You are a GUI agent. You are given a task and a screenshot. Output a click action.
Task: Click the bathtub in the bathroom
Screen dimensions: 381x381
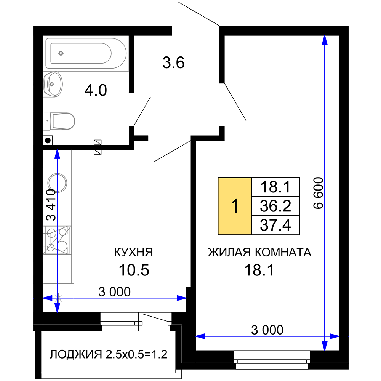[86, 53]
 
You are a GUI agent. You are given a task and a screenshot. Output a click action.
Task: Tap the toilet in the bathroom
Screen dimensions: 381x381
[59, 121]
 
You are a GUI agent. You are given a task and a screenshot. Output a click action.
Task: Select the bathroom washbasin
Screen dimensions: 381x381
[53, 84]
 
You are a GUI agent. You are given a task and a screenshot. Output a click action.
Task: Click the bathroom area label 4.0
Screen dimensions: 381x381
[96, 90]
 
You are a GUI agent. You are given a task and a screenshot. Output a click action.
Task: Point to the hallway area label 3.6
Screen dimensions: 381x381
[173, 62]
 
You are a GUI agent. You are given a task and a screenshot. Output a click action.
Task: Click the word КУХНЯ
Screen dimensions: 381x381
[134, 252]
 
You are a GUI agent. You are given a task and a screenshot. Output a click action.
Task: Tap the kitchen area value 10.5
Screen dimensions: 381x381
[134, 270]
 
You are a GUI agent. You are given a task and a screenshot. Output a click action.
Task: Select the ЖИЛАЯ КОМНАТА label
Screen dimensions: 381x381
[259, 252]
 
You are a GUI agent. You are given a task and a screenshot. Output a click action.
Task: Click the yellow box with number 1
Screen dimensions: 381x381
[235, 206]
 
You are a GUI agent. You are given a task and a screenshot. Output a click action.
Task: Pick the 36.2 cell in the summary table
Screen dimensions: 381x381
[275, 206]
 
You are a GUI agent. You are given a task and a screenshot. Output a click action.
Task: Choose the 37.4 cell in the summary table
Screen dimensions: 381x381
[275, 225]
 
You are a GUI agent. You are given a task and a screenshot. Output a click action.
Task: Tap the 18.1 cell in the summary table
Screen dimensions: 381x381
[275, 187]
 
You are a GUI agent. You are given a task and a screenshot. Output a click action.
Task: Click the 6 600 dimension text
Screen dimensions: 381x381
[318, 193]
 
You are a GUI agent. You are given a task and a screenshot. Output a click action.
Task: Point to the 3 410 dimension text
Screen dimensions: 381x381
[51, 205]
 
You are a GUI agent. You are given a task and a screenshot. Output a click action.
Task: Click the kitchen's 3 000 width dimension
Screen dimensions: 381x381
[114, 291]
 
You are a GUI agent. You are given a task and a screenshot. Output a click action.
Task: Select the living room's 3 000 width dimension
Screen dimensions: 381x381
[267, 330]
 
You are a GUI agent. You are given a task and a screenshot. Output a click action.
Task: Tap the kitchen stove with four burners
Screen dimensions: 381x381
[58, 240]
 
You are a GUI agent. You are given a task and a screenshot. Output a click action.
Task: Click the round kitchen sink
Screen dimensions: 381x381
[58, 183]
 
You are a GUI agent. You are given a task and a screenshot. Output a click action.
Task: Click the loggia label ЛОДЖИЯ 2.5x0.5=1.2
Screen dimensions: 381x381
[109, 354]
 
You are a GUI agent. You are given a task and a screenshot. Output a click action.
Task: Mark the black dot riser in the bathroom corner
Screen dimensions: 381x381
[48, 140]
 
